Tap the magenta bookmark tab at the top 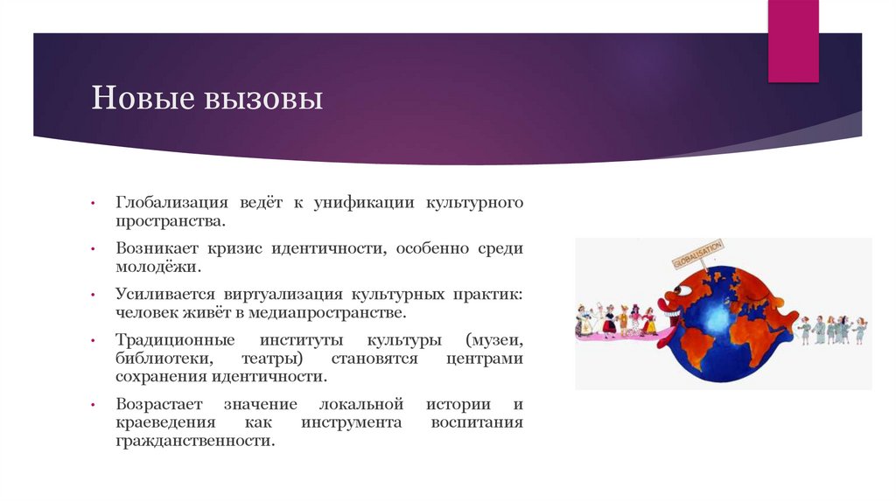793,40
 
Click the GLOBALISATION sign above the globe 697,254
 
